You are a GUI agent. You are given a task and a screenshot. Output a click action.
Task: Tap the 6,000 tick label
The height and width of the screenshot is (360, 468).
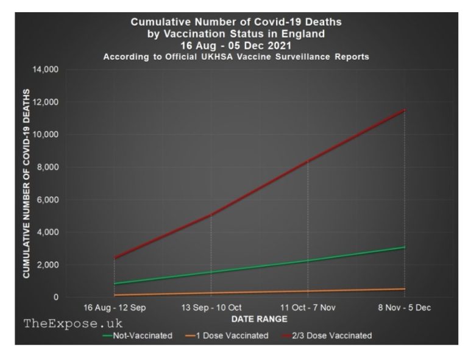coord(47,200)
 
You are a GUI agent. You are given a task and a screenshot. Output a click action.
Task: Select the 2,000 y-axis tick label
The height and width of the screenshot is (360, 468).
coord(47,265)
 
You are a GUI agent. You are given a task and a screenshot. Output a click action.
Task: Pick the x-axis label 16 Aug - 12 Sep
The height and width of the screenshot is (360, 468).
coord(114,308)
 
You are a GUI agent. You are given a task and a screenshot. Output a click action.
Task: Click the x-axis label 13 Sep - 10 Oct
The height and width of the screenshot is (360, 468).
coord(211,308)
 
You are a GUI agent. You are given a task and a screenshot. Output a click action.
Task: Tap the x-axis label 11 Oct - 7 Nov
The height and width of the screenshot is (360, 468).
coord(308,308)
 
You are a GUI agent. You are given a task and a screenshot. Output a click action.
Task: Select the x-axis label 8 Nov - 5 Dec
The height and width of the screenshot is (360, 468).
coord(405,308)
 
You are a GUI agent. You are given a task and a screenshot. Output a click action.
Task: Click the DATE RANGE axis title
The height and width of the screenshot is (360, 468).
coord(259,319)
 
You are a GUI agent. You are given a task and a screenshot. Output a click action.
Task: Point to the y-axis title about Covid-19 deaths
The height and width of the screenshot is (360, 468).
coord(27,183)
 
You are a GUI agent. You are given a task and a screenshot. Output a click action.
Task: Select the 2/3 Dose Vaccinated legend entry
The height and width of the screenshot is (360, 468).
coord(329,336)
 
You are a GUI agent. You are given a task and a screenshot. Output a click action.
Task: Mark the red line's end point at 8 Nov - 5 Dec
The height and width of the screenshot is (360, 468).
coord(405,110)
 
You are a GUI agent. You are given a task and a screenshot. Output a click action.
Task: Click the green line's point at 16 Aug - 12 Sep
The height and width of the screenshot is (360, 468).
coord(114,283)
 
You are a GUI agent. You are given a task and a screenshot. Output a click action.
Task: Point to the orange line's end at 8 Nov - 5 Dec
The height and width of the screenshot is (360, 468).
coord(405,289)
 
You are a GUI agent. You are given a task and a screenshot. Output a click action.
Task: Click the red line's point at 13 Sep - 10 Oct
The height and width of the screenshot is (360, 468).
coord(211,214)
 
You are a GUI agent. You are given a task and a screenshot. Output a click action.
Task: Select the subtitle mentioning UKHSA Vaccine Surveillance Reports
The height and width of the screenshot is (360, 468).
coord(236,57)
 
